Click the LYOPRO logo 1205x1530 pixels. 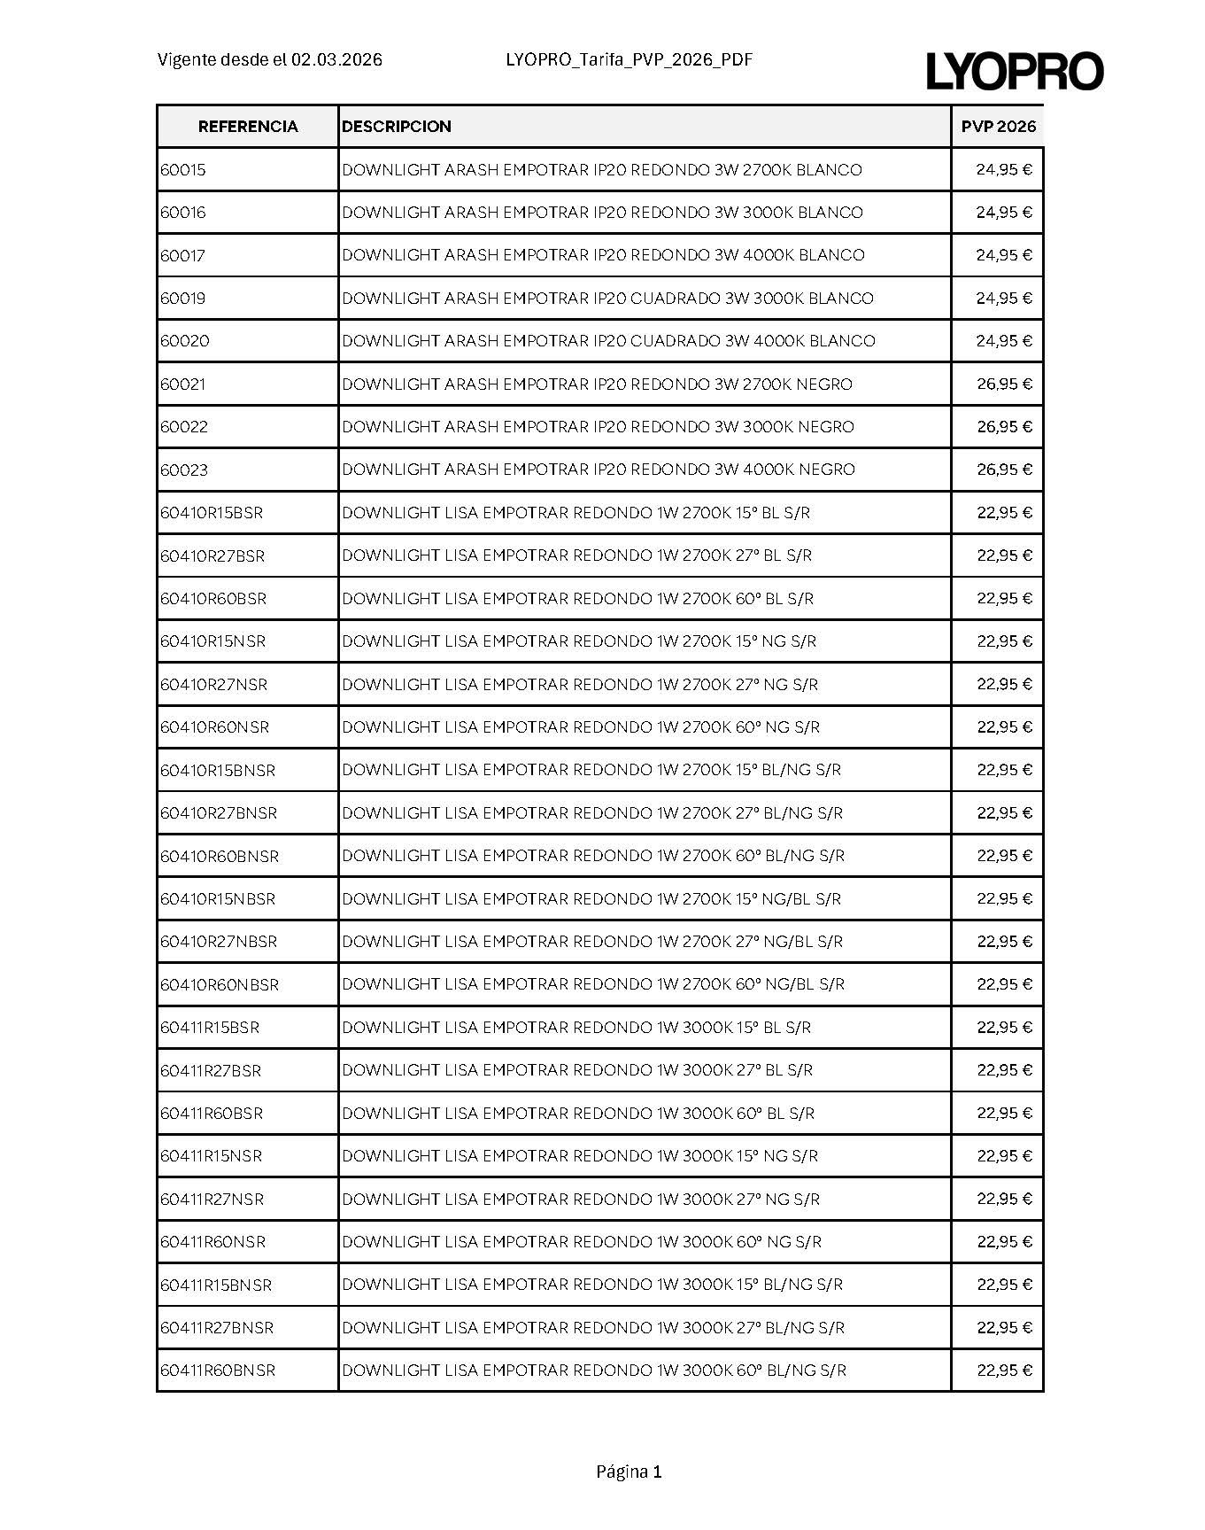click(1015, 71)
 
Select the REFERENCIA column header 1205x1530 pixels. click(248, 127)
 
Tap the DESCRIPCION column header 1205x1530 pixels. click(397, 127)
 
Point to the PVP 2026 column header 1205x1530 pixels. click(998, 127)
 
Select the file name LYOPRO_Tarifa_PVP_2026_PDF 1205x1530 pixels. click(629, 60)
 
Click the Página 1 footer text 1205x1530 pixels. click(629, 1472)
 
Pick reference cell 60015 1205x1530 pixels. click(183, 170)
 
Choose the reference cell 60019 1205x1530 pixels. click(183, 299)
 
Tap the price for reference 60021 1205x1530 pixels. click(1004, 384)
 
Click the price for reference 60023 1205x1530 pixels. click(1004, 470)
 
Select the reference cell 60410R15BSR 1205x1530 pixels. click(212, 513)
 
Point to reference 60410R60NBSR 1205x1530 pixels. click(220, 985)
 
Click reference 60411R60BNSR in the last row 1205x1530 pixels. click(218, 1371)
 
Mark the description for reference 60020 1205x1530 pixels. click(608, 341)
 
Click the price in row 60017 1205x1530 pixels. click(1004, 255)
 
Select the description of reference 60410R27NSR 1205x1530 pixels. click(580, 685)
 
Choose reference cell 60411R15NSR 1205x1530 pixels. click(212, 1156)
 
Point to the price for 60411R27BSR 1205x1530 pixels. click(1004, 1070)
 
